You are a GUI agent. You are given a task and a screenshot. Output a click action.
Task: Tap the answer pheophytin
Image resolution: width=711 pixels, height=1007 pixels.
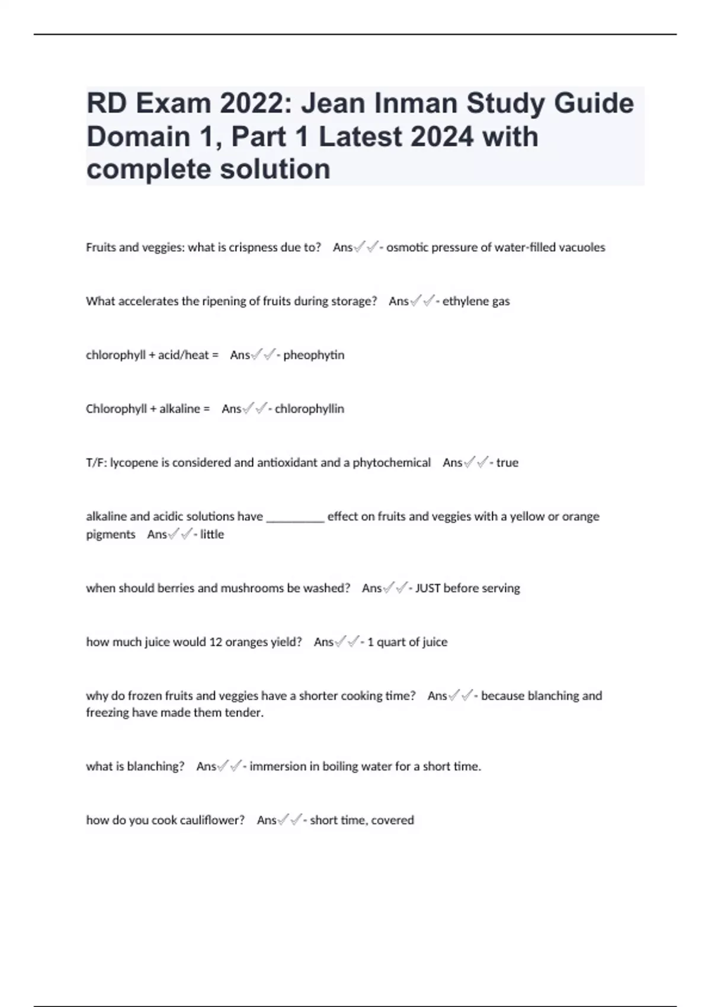[313, 355]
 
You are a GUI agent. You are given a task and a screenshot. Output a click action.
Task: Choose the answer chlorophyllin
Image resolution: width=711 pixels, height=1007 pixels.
[309, 409]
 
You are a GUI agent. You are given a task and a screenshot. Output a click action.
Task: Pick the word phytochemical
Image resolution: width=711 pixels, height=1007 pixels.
[392, 463]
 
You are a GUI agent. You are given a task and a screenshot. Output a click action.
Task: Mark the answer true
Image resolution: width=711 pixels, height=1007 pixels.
[507, 463]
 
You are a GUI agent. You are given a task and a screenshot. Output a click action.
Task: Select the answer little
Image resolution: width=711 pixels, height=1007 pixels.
[212, 534]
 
